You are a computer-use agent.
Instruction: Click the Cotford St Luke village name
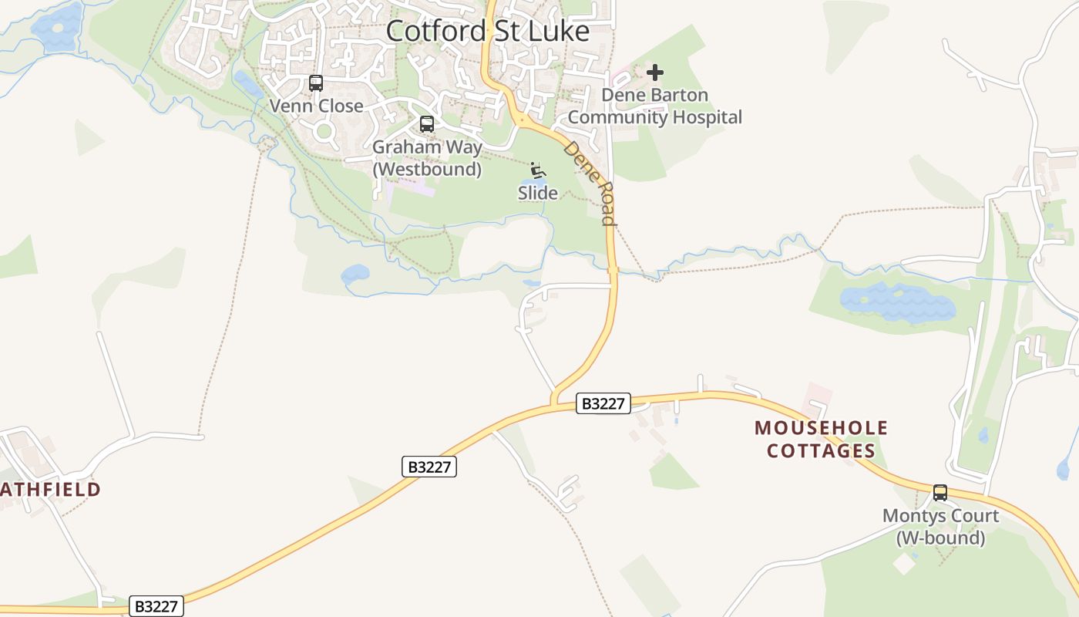coord(487,31)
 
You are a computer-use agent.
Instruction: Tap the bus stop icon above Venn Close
coord(316,83)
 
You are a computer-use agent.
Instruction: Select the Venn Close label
coord(316,106)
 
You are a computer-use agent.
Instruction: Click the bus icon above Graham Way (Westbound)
coord(427,124)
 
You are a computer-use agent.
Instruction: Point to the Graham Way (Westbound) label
coord(427,157)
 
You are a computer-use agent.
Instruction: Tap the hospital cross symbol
coord(655,72)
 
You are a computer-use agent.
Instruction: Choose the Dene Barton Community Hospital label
coord(654,106)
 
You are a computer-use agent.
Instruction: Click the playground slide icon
coord(538,171)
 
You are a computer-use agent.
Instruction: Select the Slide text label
coord(537,193)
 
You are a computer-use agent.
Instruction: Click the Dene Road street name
coord(590,183)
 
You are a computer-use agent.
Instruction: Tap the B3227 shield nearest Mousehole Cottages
coord(603,403)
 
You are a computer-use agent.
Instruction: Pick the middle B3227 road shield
coord(429,467)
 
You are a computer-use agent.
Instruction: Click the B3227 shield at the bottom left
coord(156,606)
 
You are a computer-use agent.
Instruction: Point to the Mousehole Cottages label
coord(821,439)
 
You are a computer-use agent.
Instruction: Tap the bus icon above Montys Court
coord(940,493)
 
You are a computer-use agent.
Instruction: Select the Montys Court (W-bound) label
coord(940,526)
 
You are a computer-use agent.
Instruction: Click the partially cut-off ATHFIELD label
coord(50,489)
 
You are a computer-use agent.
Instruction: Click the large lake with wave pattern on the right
coord(898,302)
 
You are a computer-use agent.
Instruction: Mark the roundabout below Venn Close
coord(324,131)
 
